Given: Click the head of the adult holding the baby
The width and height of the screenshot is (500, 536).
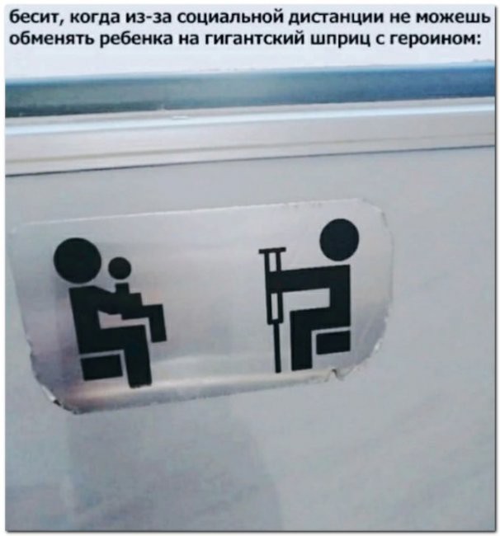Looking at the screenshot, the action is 76,260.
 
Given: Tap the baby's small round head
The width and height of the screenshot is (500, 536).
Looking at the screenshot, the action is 120,269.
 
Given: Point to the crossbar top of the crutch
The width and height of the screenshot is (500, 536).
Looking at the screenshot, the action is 272,251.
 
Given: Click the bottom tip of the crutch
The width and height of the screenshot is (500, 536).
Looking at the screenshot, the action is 278,370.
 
